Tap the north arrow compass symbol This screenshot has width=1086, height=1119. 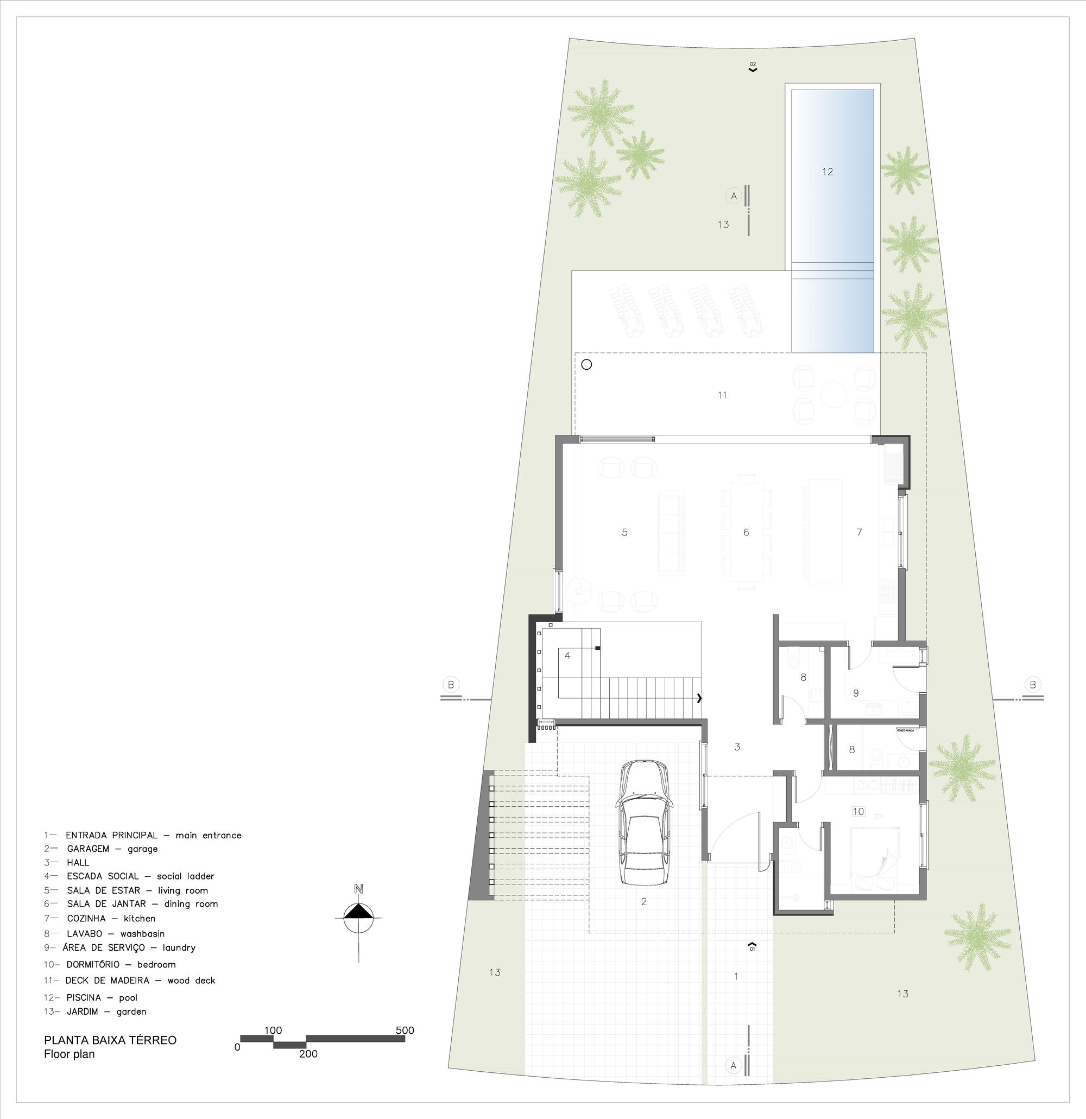point(358,919)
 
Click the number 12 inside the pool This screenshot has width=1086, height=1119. point(828,172)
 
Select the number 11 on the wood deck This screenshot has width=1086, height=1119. point(722,395)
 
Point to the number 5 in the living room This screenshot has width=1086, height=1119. point(624,532)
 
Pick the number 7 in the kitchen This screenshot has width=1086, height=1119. point(860,532)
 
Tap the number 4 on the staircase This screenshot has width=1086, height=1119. point(567,655)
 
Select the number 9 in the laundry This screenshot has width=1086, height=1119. point(856,693)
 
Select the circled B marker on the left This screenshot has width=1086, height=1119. point(451,685)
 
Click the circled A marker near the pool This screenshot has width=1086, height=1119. point(734,196)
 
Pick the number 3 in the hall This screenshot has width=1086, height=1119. point(737,747)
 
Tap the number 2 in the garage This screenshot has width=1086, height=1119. point(644,902)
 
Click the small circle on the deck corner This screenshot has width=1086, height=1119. point(586,364)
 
